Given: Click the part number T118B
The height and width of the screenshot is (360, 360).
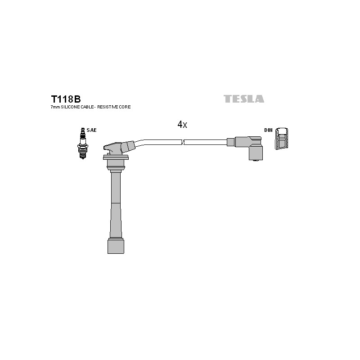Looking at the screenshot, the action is (66, 99).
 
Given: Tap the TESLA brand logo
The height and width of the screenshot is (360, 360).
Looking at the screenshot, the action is (244, 99).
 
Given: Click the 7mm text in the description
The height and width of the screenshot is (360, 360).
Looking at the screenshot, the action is (55, 107).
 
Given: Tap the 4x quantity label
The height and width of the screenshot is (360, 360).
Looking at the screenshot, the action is (182, 125).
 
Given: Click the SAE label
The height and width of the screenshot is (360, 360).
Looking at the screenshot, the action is (92, 130).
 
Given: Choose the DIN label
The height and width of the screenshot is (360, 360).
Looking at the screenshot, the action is (268, 130).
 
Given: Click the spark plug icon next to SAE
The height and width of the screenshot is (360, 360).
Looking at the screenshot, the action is (83, 143).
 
